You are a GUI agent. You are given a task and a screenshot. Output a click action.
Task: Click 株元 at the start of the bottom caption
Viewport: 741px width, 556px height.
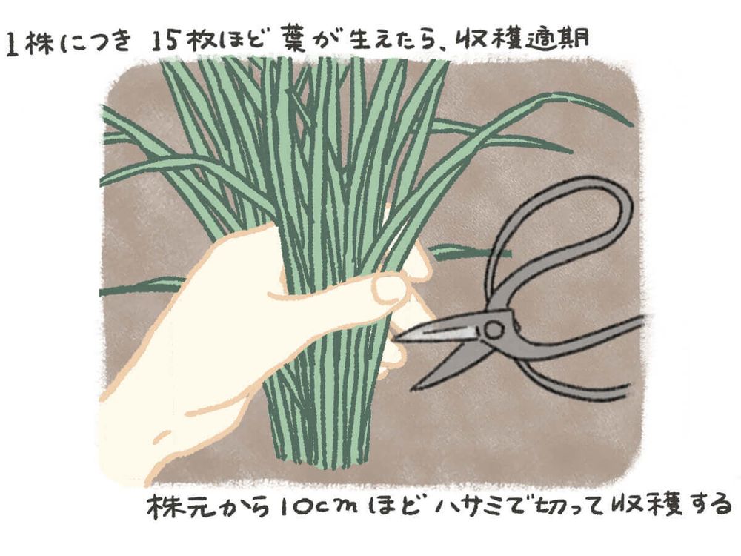pyautogui.click(x=178, y=506)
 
